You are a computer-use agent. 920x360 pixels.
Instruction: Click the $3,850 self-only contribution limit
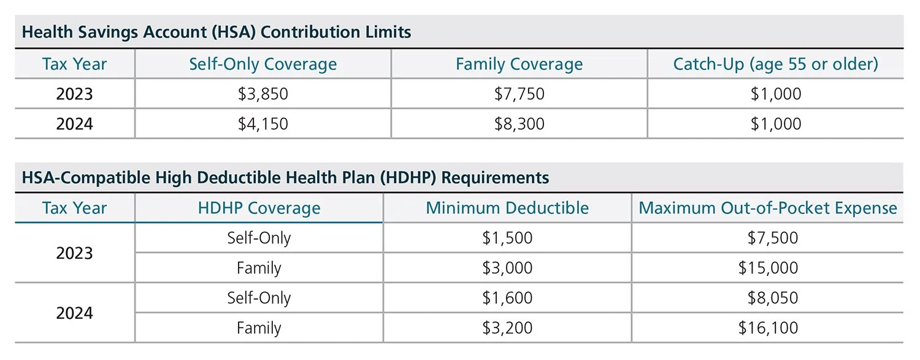click(x=263, y=94)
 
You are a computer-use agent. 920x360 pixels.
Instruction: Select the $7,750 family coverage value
click(x=519, y=94)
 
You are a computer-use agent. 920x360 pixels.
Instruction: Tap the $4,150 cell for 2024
click(x=263, y=124)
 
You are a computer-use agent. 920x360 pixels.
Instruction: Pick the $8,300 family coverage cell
click(x=519, y=124)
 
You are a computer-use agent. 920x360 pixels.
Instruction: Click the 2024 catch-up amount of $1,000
click(x=775, y=124)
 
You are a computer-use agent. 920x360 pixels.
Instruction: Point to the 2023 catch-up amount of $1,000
click(x=775, y=94)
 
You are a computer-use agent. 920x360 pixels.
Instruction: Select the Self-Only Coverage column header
click(x=263, y=64)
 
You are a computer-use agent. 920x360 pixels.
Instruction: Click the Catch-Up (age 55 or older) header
click(x=775, y=64)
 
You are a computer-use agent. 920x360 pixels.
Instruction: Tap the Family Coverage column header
click(x=519, y=64)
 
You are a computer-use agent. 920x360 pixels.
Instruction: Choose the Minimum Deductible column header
click(x=507, y=208)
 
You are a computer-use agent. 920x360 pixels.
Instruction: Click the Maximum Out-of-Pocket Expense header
click(x=768, y=208)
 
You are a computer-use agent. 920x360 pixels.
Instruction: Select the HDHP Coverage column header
click(x=259, y=208)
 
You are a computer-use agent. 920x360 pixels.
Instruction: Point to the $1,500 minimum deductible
click(x=507, y=238)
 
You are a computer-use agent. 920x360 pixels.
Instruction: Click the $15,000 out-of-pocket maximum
click(x=768, y=268)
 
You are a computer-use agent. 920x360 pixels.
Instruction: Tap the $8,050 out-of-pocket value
click(x=772, y=298)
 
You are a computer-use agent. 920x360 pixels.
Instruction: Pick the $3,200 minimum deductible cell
click(x=507, y=328)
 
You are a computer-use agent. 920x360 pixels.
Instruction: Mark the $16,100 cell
click(x=768, y=328)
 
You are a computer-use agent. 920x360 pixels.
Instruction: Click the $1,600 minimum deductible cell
click(x=507, y=298)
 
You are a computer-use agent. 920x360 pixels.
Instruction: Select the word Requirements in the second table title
click(x=495, y=178)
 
